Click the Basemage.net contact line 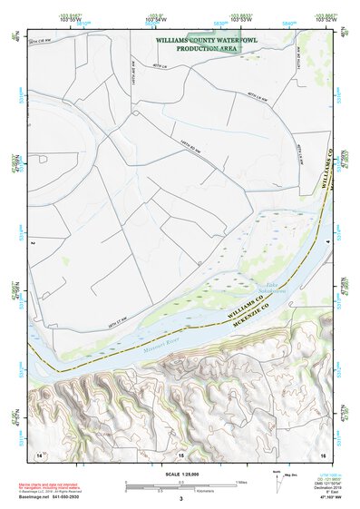coord(62,497)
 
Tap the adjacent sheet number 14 coord(39,454)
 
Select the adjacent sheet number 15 coord(180,455)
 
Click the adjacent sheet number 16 coord(322,454)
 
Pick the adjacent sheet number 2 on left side coord(33,243)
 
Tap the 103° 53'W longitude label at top coord(239,19)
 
